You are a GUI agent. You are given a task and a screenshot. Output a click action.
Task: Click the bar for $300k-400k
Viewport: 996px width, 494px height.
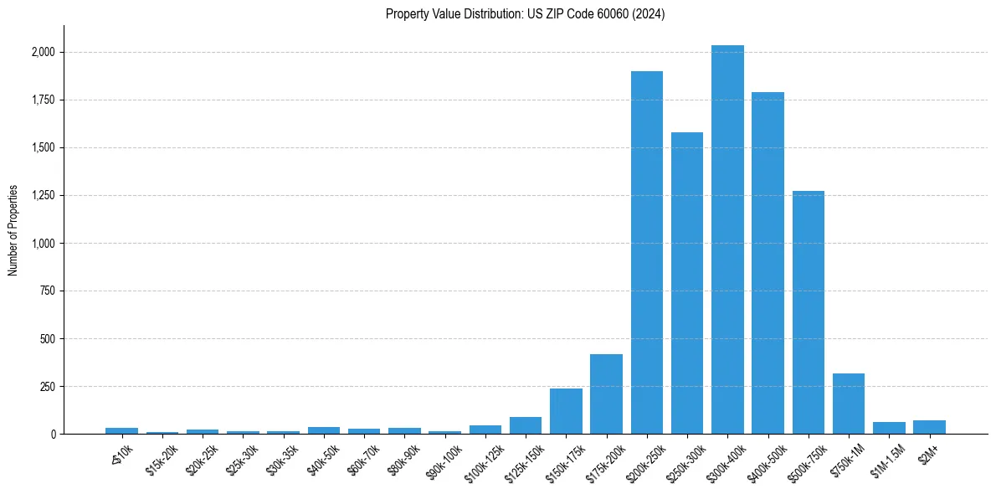point(727,239)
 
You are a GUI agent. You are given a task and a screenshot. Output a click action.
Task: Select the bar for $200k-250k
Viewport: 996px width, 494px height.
point(646,253)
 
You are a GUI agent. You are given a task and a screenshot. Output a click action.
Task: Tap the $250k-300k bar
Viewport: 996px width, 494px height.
point(687,283)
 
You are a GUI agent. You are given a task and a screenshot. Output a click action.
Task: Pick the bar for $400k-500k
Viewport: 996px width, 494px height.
point(768,263)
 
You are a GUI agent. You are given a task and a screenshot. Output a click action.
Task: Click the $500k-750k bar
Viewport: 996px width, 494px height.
point(808,312)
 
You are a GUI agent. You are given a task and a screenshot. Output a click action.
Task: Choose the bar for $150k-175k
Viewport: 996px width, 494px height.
point(566,411)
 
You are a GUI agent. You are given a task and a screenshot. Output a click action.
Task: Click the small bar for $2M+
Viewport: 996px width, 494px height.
point(929,427)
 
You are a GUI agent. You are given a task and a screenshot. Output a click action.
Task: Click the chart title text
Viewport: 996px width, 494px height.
point(525,14)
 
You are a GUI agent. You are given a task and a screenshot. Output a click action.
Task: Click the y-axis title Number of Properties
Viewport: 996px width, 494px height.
point(13,229)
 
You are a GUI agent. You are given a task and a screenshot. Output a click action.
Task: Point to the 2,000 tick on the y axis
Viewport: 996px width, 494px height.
point(44,52)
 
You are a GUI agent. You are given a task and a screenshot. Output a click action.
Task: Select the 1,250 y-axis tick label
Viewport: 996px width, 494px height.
point(44,195)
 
